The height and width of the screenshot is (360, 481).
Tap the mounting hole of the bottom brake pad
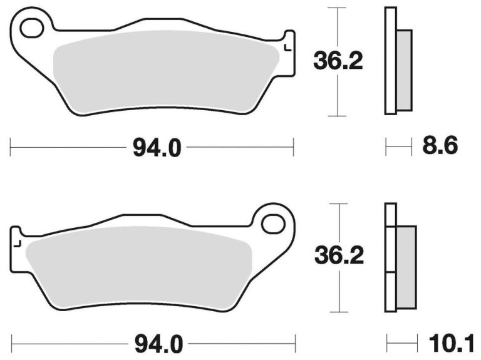(x=273, y=222)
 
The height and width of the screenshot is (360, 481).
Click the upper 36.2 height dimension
(x=338, y=61)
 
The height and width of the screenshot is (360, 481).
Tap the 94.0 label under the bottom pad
(x=156, y=343)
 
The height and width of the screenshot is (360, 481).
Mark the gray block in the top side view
(x=404, y=70)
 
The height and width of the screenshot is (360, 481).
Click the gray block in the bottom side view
(x=406, y=265)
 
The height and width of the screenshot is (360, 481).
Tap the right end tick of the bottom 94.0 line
(x=294, y=343)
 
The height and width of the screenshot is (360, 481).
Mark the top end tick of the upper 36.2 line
(x=338, y=8)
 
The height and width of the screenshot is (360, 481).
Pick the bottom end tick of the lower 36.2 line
(x=338, y=311)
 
